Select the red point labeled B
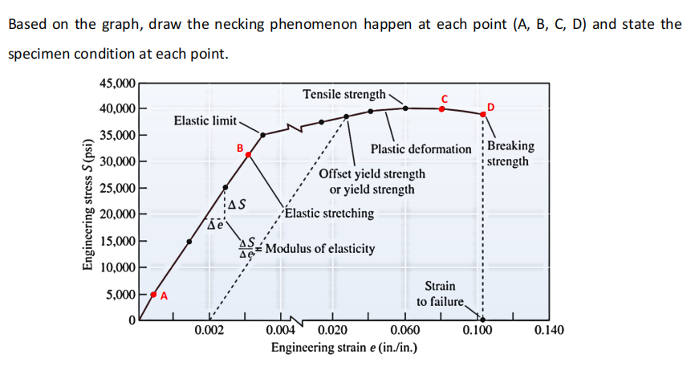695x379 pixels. [x=249, y=154]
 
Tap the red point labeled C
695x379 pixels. [x=441, y=108]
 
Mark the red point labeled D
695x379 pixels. [x=482, y=114]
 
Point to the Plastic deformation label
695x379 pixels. [x=421, y=149]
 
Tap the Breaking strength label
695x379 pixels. [x=510, y=153]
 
